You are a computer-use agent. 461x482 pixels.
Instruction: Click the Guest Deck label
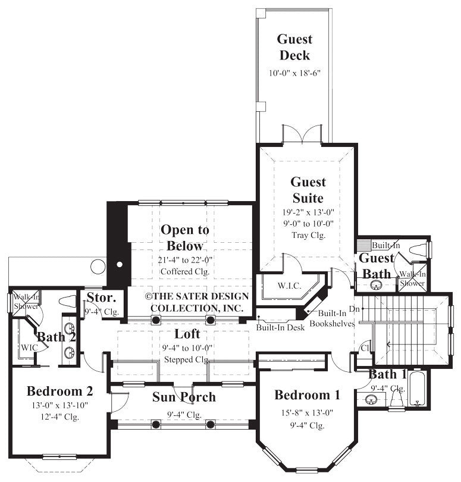293,48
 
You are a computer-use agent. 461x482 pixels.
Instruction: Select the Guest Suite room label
308,190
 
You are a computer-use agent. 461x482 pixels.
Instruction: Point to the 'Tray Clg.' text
308,235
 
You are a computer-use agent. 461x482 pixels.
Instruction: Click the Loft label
187,334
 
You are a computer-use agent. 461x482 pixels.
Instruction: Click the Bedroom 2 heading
59,392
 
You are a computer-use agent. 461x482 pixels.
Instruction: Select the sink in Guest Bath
375,285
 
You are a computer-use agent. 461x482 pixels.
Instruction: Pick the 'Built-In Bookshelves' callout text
336,318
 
